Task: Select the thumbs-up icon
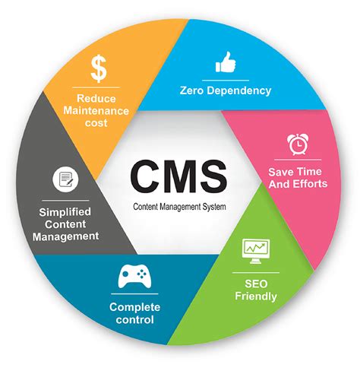coord(226,64)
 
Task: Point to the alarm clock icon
coord(297,144)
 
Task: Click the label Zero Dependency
coord(226,90)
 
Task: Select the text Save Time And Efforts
coord(297,177)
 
